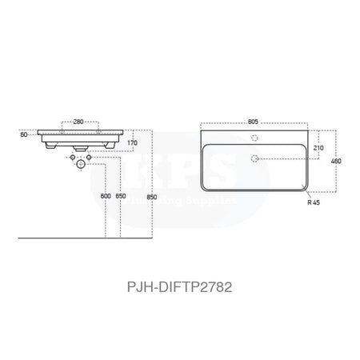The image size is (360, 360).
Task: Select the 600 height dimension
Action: pyautogui.click(x=105, y=195)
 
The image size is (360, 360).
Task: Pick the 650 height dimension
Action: pyautogui.click(x=120, y=195)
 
